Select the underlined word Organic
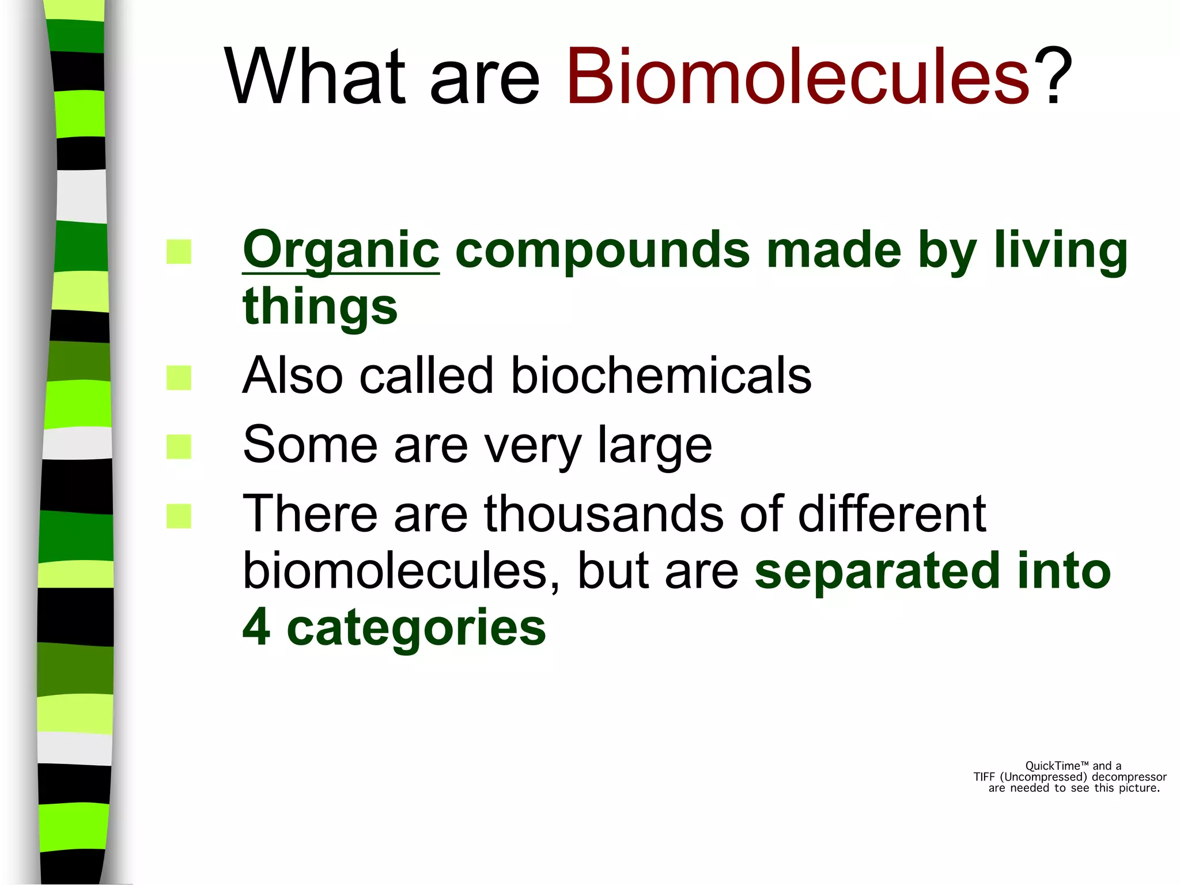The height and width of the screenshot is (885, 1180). [x=341, y=251]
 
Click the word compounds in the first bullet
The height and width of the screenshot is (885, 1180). [x=602, y=251]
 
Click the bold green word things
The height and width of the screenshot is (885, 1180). [x=320, y=307]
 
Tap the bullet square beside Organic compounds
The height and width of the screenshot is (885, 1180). [x=179, y=252]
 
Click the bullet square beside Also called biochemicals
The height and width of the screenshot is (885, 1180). [x=179, y=378]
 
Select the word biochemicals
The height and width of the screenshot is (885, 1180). [x=661, y=376]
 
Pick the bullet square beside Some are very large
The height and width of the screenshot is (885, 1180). [x=179, y=447]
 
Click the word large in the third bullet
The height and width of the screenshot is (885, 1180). [x=655, y=445]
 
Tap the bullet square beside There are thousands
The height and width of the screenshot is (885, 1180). [x=179, y=516]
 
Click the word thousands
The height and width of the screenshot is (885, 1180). [x=604, y=513]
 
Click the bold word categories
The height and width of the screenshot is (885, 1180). [x=416, y=628]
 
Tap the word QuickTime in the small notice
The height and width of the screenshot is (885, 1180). [x=1052, y=766]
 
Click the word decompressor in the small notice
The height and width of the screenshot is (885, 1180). [x=1129, y=777]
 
